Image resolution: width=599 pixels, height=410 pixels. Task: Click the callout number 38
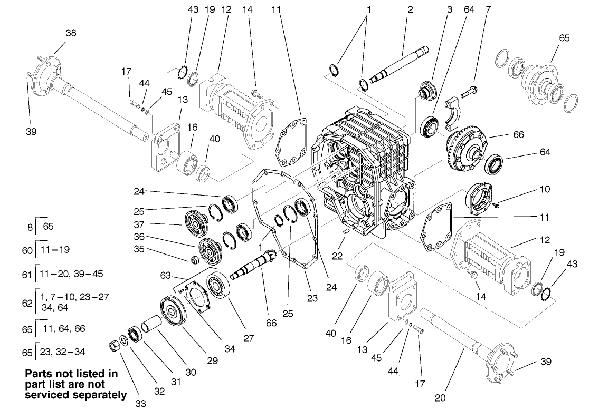pos(71,33)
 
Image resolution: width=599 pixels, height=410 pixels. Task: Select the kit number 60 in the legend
pos(28,250)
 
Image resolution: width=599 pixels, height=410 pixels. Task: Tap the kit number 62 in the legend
pos(28,302)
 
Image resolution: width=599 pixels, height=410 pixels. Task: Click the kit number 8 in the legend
pos(31,228)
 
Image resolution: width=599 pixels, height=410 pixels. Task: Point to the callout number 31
pos(176,381)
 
